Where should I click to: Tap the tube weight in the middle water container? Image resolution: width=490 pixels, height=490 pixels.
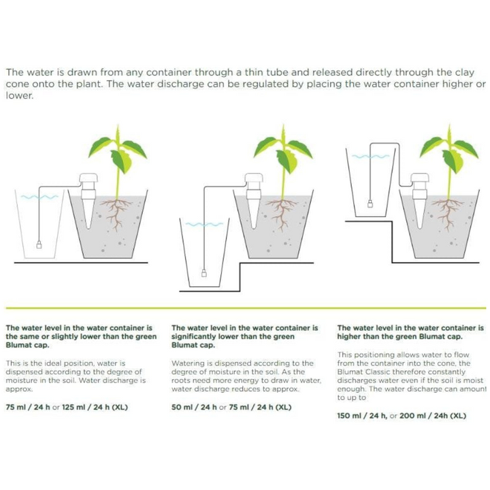click(x=203, y=274)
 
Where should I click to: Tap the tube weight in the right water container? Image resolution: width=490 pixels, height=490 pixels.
click(x=370, y=202)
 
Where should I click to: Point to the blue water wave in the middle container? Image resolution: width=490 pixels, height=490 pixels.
click(x=203, y=224)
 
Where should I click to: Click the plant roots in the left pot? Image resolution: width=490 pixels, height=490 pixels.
click(x=120, y=213)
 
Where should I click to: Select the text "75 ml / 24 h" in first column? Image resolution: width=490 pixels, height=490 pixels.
click(x=28, y=407)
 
